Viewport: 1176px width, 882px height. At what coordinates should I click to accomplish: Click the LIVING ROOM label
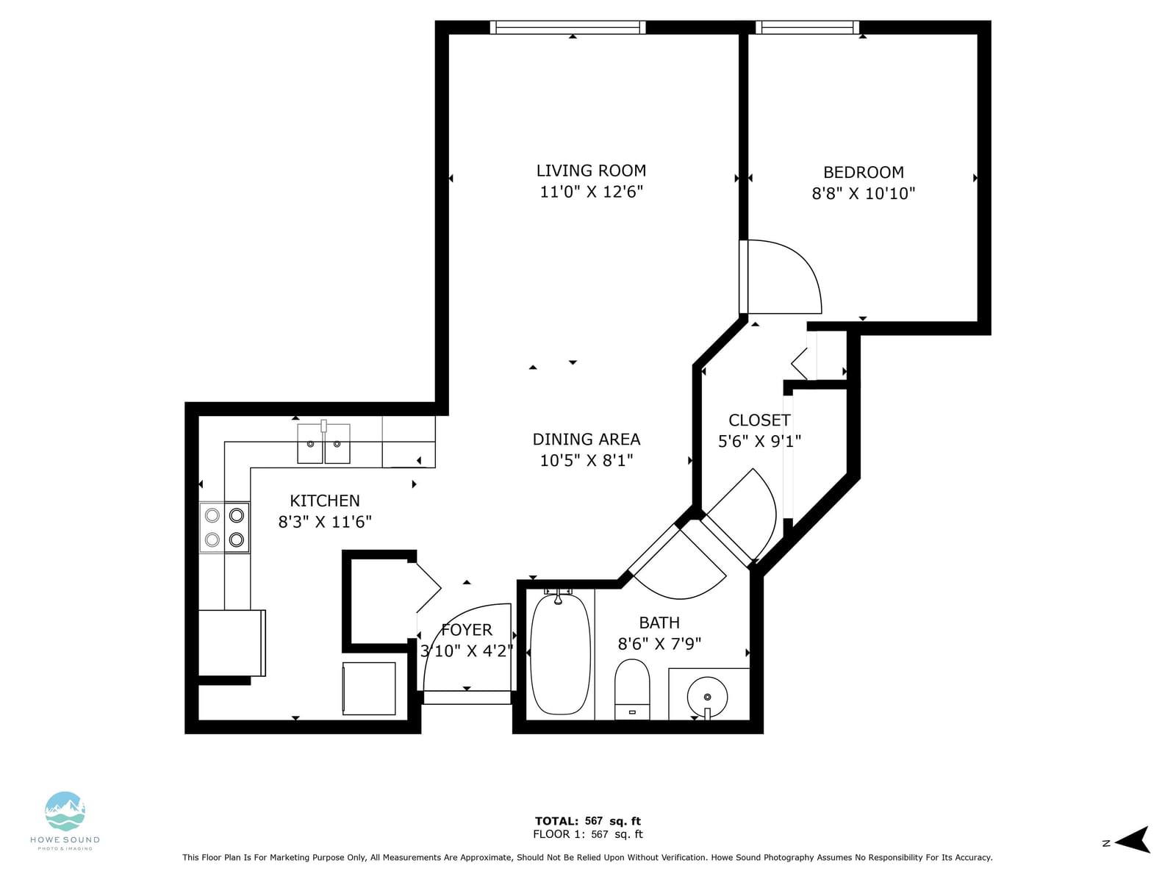pos(591,171)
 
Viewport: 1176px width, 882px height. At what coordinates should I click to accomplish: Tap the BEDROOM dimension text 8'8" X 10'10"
pos(863,193)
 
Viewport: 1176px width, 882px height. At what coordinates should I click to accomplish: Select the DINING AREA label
pos(586,440)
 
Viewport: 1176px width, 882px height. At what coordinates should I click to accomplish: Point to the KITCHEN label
pos(325,501)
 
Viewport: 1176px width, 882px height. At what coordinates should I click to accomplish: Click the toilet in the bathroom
pos(631,689)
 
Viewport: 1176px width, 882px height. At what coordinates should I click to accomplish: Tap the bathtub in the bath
pos(560,653)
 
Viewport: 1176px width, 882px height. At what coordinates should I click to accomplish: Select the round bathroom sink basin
pos(707,697)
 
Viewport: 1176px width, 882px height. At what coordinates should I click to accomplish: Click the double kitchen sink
pos(323,443)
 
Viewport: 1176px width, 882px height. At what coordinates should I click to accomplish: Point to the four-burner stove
pos(224,528)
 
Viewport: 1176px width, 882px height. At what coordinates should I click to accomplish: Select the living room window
pos(568,27)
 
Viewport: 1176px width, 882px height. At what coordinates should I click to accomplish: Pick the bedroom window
pos(807,27)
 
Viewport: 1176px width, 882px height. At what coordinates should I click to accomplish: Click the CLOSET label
pos(759,420)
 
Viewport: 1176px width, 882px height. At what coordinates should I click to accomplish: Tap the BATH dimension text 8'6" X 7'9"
pos(659,644)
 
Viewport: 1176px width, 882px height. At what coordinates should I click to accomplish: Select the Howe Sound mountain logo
pos(65,812)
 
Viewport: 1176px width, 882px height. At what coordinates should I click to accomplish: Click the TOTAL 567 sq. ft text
pos(588,821)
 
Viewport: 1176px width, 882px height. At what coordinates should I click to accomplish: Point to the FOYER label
pos(466,630)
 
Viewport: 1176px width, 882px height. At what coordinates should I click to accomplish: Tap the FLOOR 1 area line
pos(588,834)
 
